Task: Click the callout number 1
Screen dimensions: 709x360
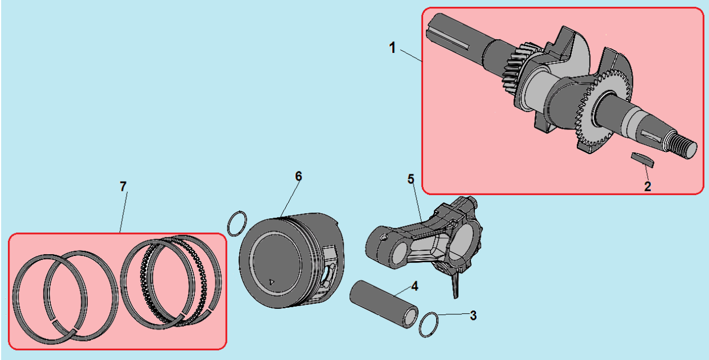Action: [392, 48]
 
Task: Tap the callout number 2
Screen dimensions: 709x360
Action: [648, 186]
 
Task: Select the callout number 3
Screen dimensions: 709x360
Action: [473, 316]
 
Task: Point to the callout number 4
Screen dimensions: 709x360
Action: [415, 286]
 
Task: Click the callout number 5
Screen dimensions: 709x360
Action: [411, 179]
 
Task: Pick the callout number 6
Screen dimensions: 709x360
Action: [298, 176]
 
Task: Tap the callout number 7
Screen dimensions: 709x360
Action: [123, 186]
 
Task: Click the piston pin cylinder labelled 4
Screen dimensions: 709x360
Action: [384, 304]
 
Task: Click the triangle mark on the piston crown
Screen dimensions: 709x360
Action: [272, 282]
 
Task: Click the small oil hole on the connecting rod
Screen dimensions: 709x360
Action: [384, 237]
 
